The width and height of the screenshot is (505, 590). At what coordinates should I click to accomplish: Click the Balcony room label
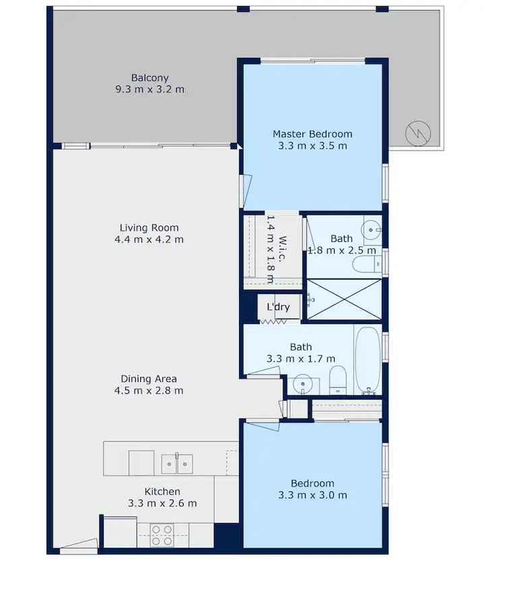pos(149,77)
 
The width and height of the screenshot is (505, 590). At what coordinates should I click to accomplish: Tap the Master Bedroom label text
pos(312,134)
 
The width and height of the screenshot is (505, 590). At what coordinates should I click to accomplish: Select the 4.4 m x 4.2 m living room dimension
pos(149,239)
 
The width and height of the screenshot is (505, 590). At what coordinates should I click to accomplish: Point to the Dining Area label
pos(149,379)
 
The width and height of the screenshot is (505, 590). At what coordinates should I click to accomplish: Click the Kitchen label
pos(162,492)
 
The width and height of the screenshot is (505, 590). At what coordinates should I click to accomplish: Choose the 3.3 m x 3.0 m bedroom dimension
pos(312,496)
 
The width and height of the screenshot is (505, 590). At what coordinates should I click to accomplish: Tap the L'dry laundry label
pos(278,307)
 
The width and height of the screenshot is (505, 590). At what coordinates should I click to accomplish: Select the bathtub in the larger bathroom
pos(368,360)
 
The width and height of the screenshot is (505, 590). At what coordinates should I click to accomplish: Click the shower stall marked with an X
pos(343,299)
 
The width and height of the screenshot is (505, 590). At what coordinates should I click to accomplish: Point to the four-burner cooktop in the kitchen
pos(162,535)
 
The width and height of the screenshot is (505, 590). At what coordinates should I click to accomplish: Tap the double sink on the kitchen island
pos(177,464)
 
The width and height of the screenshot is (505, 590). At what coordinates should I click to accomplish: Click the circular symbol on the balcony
pos(417,133)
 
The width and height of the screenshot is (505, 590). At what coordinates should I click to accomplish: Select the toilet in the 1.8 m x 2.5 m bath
pos(366,264)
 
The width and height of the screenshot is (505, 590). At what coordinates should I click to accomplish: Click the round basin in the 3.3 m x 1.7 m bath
pos(303,384)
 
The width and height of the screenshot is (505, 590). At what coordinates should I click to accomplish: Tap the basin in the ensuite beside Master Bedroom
pos(371,230)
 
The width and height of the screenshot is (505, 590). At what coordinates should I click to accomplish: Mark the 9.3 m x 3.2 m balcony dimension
pos(149,89)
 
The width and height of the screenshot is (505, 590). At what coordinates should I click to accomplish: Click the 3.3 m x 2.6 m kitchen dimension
pos(162,503)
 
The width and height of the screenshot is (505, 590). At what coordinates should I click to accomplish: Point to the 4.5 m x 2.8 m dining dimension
pos(149,390)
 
